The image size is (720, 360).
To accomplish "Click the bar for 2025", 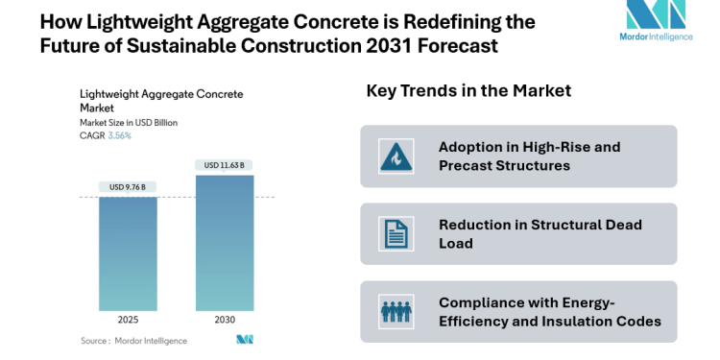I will click(128, 253).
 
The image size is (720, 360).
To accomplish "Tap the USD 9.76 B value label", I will click(128, 186).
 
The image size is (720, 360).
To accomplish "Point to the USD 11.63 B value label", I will click(224, 165).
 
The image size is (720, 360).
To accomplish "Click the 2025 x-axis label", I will click(128, 320).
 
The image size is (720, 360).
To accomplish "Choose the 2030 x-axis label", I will click(224, 320).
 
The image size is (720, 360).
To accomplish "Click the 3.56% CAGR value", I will click(119, 135).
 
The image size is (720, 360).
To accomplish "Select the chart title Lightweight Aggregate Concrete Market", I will click(160, 102).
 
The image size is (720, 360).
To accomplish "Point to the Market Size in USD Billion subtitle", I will click(128, 123).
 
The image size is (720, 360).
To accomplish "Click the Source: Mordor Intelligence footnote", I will click(133, 340).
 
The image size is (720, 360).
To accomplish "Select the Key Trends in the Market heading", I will click(468, 91).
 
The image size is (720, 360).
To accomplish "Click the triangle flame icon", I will click(395, 156).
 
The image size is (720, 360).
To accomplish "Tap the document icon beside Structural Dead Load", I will click(395, 234).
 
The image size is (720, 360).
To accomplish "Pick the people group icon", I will click(395, 312).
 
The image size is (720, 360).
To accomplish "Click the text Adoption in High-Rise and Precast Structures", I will click(529, 156).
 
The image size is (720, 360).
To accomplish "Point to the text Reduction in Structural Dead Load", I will click(540, 234).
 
